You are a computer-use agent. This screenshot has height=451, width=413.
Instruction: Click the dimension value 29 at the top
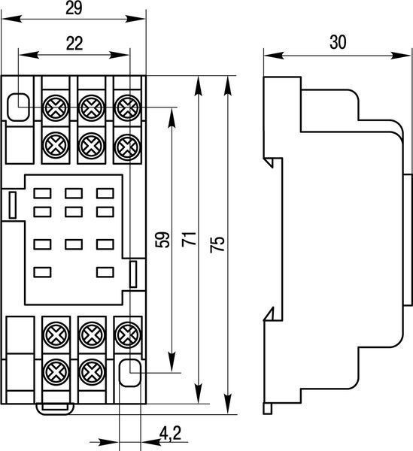[74, 8]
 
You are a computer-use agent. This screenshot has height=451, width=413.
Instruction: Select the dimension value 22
[74, 44]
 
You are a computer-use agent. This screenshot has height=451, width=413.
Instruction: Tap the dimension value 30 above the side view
[338, 42]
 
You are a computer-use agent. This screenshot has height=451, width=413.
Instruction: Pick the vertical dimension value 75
[217, 244]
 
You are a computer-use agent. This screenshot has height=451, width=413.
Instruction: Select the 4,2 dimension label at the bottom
[171, 434]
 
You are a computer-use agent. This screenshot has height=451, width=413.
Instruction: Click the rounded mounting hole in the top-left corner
[18, 107]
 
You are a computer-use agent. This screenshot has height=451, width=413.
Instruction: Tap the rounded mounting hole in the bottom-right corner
[130, 373]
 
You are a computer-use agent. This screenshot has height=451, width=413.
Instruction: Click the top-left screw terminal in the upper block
[56, 107]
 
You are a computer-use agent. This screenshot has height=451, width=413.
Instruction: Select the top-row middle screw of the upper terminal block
[92, 107]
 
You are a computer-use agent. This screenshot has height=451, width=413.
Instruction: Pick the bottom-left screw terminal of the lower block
[56, 372]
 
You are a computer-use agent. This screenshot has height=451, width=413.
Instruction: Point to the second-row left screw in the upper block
[56, 145]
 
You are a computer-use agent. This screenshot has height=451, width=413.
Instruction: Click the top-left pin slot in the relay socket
[42, 194]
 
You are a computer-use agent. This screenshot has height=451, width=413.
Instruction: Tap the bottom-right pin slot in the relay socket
[105, 272]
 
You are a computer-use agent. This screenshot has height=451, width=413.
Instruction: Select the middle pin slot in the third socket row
[74, 244]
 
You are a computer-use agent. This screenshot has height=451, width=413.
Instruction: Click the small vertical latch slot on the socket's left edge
[12, 205]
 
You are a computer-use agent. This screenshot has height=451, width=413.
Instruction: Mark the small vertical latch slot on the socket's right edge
[133, 274]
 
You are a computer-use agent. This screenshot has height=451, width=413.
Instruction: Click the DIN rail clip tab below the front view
[55, 409]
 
